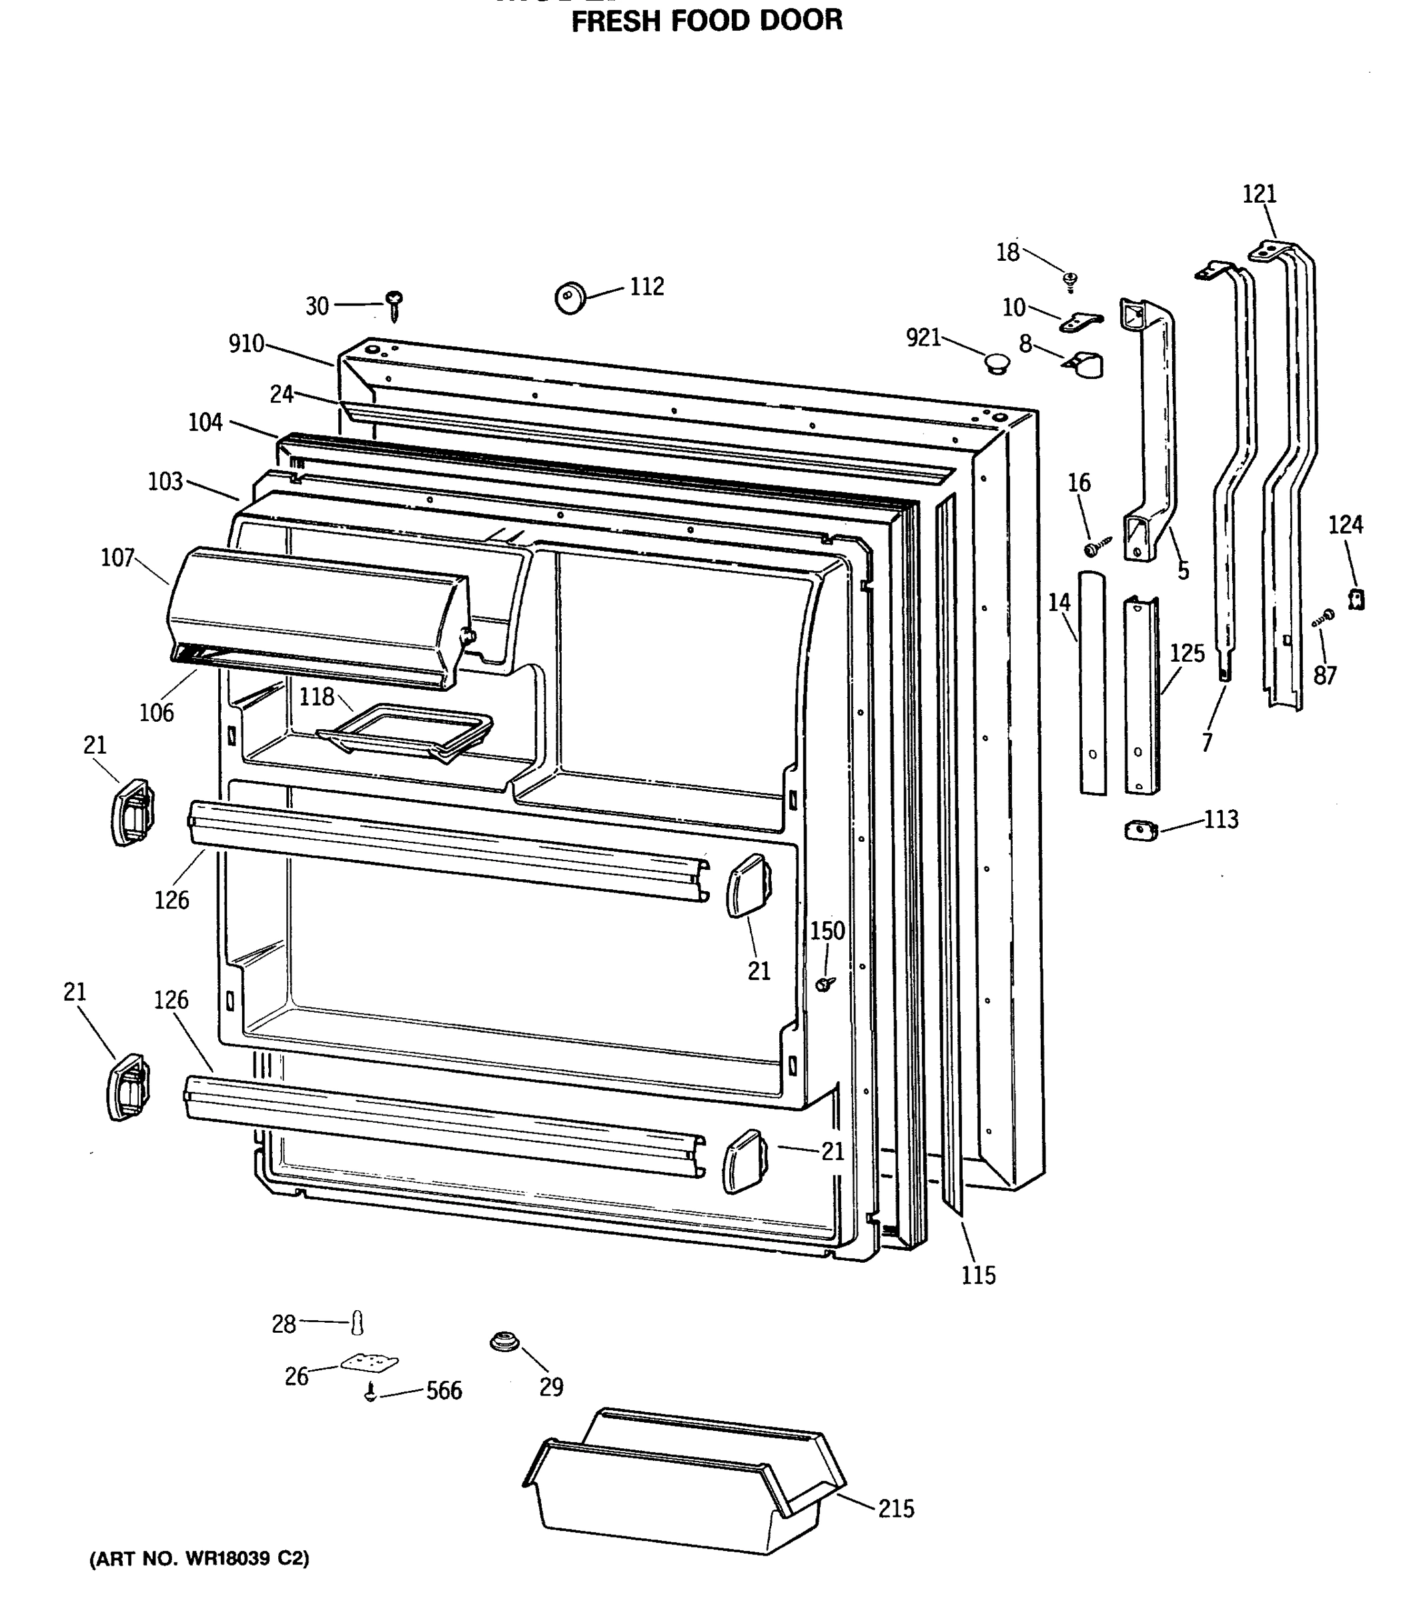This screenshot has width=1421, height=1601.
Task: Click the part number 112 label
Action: click(x=647, y=287)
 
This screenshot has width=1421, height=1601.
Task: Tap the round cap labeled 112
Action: click(x=570, y=298)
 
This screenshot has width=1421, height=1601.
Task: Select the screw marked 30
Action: click(x=395, y=306)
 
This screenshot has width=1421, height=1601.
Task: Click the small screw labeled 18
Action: click(x=1070, y=280)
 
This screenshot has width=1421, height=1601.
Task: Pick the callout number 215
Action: click(x=896, y=1508)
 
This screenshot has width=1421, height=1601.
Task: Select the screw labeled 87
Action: click(x=1323, y=617)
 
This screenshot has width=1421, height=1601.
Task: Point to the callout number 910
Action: click(x=246, y=344)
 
